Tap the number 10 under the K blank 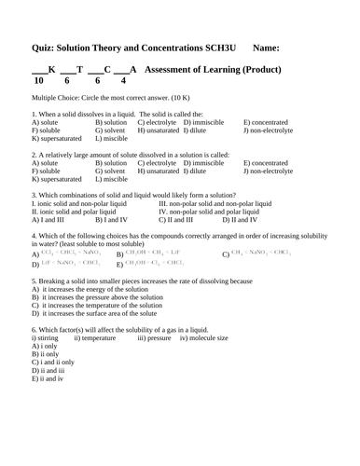pos(37,81)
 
